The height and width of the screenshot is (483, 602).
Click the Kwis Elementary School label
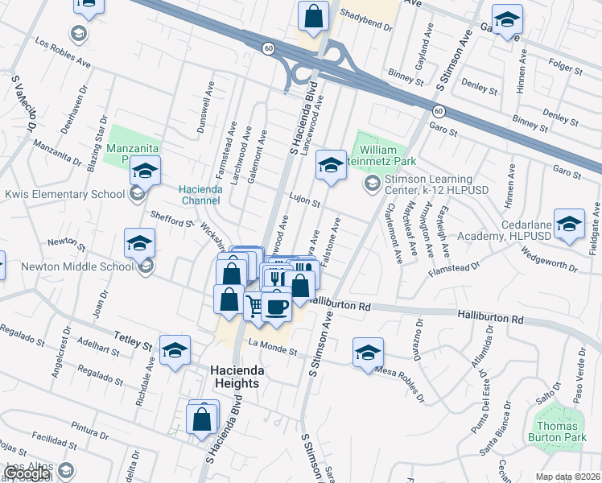point(64,194)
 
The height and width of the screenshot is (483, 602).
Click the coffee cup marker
point(276,307)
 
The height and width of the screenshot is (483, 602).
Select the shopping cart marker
point(255,304)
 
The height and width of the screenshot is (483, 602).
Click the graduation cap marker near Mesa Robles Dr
point(368,352)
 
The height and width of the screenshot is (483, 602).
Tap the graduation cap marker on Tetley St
point(175,350)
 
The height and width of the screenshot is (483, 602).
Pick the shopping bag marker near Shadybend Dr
point(313,16)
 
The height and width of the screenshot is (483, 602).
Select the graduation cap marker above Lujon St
point(329,164)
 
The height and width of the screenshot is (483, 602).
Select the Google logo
point(27,473)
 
